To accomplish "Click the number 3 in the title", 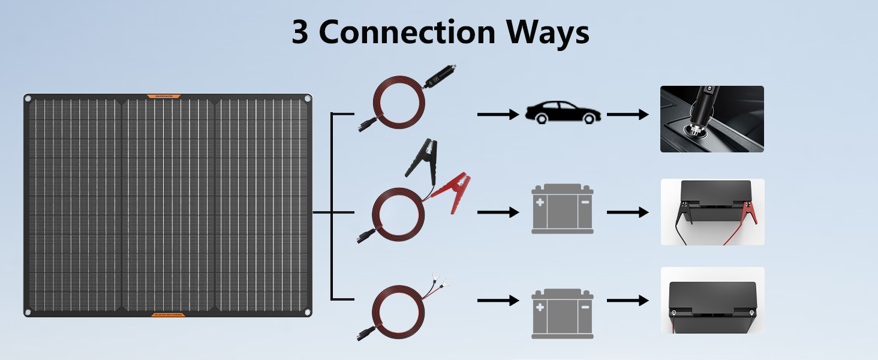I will click(x=300, y=32).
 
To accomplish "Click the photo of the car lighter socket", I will click(x=712, y=119).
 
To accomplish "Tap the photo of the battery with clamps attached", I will click(x=712, y=212).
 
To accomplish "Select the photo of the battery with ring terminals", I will click(x=712, y=300).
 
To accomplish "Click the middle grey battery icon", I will click(x=562, y=209).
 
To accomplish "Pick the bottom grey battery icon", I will click(x=562, y=313).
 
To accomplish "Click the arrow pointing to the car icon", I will click(x=498, y=114).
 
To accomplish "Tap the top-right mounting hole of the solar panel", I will click(x=307, y=99).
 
